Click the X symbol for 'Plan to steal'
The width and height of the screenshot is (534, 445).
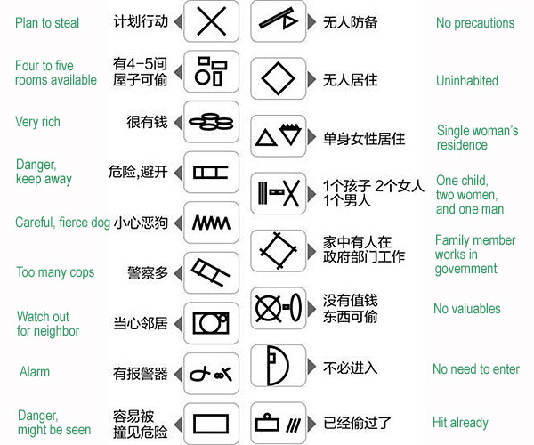[211, 21]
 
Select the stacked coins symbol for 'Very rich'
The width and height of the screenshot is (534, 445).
[211, 122]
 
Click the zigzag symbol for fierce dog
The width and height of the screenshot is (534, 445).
[211, 223]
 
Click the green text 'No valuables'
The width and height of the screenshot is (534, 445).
[467, 309]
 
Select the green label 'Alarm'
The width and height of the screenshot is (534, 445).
[35, 371]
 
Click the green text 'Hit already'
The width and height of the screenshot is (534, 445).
[460, 423]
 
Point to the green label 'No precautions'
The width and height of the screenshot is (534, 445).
[475, 23]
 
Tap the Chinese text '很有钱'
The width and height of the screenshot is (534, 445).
[147, 122]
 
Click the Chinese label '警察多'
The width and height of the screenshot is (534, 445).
[148, 272]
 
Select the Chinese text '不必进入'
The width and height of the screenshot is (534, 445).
[350, 368]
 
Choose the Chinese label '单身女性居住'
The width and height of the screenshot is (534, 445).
[364, 139]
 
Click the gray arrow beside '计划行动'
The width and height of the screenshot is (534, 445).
[178, 21]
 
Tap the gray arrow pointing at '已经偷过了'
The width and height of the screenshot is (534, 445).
[311, 424]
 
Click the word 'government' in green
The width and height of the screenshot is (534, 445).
[465, 269]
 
